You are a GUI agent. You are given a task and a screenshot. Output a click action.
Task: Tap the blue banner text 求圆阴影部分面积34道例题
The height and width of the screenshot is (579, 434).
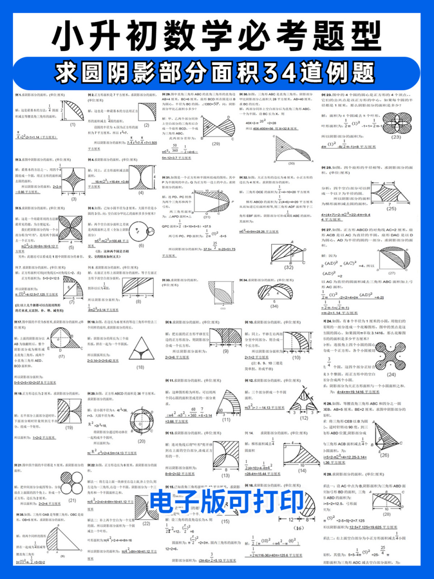(x=217, y=72)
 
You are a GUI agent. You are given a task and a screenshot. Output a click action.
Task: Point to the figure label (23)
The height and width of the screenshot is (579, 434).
(x=396, y=137)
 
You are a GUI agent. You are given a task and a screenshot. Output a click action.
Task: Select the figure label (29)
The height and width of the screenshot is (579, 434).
(x=216, y=143)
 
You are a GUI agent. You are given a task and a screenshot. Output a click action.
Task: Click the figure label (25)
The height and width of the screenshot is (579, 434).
(x=391, y=209)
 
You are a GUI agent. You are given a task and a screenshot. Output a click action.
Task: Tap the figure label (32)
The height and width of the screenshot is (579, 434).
(x=288, y=267)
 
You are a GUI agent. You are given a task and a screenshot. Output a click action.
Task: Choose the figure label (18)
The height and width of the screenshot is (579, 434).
(x=140, y=367)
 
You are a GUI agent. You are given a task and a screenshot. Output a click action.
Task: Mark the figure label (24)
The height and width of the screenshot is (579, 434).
(x=391, y=374)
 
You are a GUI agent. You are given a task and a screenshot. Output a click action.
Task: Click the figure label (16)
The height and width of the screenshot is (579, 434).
(x=299, y=528)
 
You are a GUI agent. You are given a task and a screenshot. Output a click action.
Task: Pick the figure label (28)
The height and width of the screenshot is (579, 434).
(x=387, y=514)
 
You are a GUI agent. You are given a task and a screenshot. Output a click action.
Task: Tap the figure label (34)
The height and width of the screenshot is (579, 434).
(x=274, y=306)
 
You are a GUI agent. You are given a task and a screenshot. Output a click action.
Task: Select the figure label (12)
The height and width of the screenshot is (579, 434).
(x=303, y=418)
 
